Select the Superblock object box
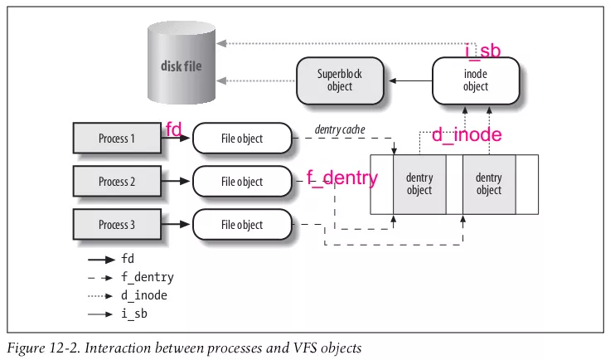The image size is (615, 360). [339, 80]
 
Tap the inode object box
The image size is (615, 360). [476, 80]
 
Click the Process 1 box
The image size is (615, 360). [116, 139]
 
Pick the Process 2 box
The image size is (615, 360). [116, 182]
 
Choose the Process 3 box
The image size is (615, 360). [116, 225]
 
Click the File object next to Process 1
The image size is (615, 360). [242, 139]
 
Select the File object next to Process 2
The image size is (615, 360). [242, 182]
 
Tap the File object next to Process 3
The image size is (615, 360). [242, 225]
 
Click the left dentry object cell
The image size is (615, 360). [419, 184]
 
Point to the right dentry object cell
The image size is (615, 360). [488, 184]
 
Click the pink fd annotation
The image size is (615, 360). [174, 129]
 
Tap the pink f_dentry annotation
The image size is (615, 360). [343, 178]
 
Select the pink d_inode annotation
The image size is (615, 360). [467, 134]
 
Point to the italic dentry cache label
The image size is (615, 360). [340, 130]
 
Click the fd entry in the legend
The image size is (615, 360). [128, 259]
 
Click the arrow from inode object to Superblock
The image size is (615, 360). [412, 80]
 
